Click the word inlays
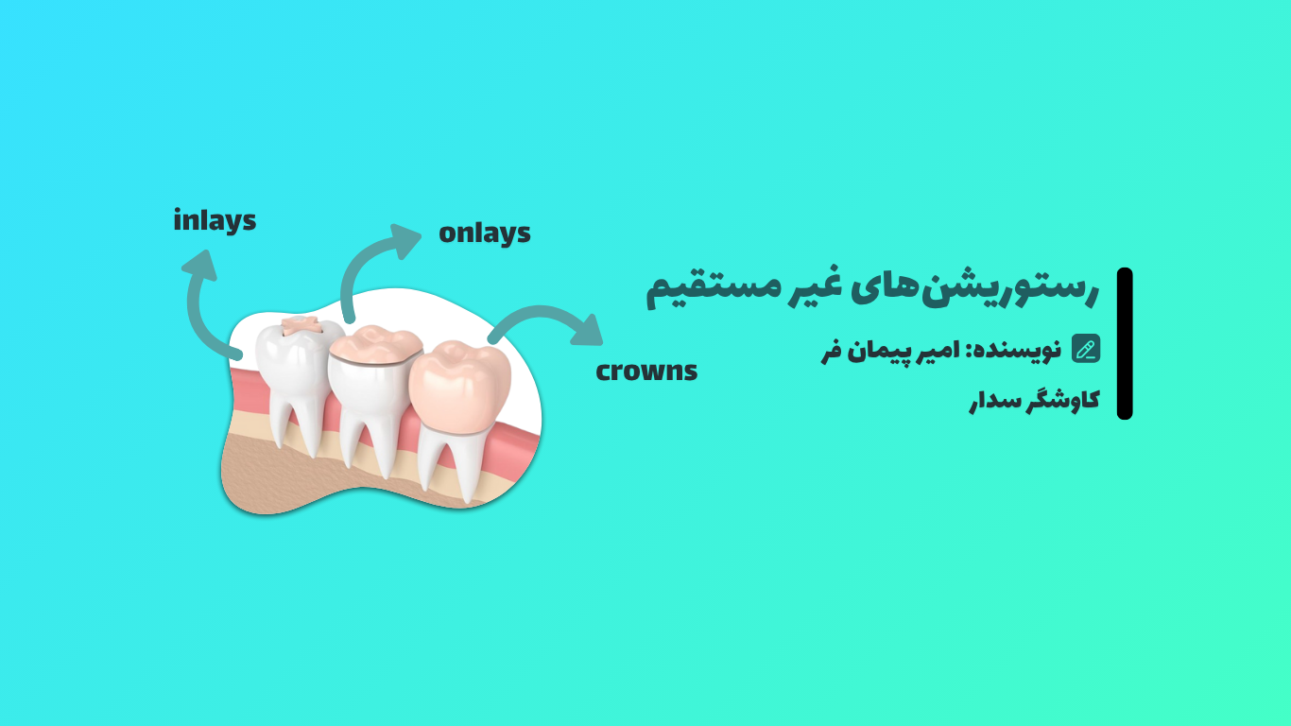click(215, 221)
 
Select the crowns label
click(646, 371)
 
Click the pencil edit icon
click(1086, 349)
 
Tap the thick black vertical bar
click(1125, 344)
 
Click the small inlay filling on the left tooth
click(300, 325)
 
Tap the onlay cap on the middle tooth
click(376, 345)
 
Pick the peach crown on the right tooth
click(460, 385)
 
